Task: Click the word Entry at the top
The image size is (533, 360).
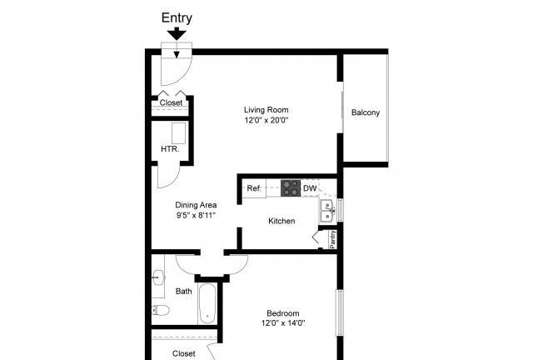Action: pyautogui.click(x=176, y=17)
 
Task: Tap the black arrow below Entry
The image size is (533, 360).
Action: pyautogui.click(x=176, y=34)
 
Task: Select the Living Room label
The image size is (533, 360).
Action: pyautogui.click(x=266, y=109)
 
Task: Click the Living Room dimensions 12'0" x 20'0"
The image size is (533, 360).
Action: pyautogui.click(x=266, y=120)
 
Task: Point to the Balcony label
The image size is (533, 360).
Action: pyautogui.click(x=366, y=112)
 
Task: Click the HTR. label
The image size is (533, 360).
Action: pyautogui.click(x=169, y=150)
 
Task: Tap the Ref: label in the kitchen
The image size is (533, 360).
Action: pyautogui.click(x=255, y=189)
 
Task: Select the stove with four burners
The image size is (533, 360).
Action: pyautogui.click(x=291, y=188)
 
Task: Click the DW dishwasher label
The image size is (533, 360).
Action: pyautogui.click(x=309, y=189)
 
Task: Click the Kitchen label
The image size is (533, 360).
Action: pyautogui.click(x=281, y=221)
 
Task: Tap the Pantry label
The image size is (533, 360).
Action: pyautogui.click(x=331, y=239)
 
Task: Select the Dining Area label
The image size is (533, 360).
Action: pyautogui.click(x=196, y=205)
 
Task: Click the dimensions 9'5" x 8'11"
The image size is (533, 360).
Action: pyautogui.click(x=196, y=215)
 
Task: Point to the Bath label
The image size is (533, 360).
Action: pyautogui.click(x=184, y=291)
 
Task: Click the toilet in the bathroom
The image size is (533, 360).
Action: pyautogui.click(x=162, y=311)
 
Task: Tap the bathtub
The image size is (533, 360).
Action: pyautogui.click(x=207, y=304)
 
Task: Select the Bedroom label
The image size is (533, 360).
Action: pyautogui.click(x=283, y=313)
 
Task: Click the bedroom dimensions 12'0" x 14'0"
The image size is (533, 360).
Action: pyautogui.click(x=283, y=323)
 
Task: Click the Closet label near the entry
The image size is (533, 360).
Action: pyautogui.click(x=171, y=103)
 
